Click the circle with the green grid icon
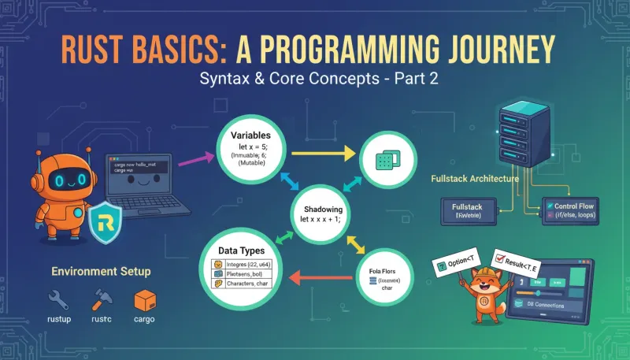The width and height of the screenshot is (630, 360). click(x=386, y=161)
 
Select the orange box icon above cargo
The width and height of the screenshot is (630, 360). click(x=144, y=300)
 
